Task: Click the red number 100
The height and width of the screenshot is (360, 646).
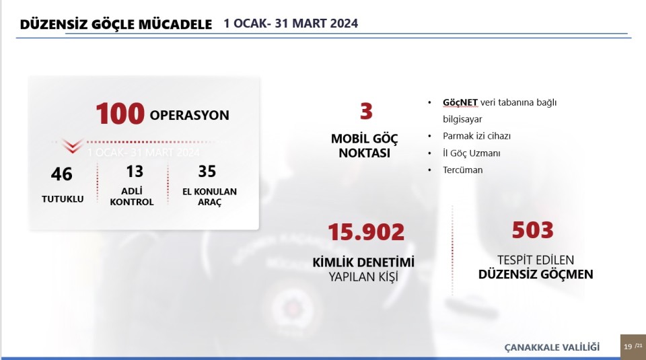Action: (120, 114)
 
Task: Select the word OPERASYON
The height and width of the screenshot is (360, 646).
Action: (190, 115)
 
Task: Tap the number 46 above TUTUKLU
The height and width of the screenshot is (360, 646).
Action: (62, 174)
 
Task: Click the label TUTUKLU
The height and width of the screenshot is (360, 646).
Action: (63, 199)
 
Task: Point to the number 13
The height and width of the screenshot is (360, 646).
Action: (135, 172)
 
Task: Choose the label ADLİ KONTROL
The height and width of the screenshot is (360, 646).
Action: (132, 196)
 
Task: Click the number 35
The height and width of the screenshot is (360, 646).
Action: (207, 172)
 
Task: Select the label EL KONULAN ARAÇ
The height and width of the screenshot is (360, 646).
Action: (210, 197)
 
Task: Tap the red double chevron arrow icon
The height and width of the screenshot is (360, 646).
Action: (72, 145)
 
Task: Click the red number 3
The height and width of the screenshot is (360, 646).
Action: (366, 111)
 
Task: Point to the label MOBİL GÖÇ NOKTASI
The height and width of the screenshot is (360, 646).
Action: (365, 146)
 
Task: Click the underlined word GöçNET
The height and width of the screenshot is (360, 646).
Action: (460, 102)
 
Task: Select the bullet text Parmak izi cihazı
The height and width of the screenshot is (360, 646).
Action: (476, 136)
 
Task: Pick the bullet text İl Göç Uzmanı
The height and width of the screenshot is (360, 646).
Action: (472, 153)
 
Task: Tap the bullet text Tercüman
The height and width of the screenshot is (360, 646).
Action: (463, 170)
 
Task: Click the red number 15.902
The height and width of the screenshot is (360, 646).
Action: (366, 232)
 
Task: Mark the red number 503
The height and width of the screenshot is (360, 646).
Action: (533, 230)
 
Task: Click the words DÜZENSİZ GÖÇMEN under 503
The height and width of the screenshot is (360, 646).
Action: (536, 275)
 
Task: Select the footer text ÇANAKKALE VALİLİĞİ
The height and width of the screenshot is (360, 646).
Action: (552, 347)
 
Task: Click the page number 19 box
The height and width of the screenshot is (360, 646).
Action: (633, 347)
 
